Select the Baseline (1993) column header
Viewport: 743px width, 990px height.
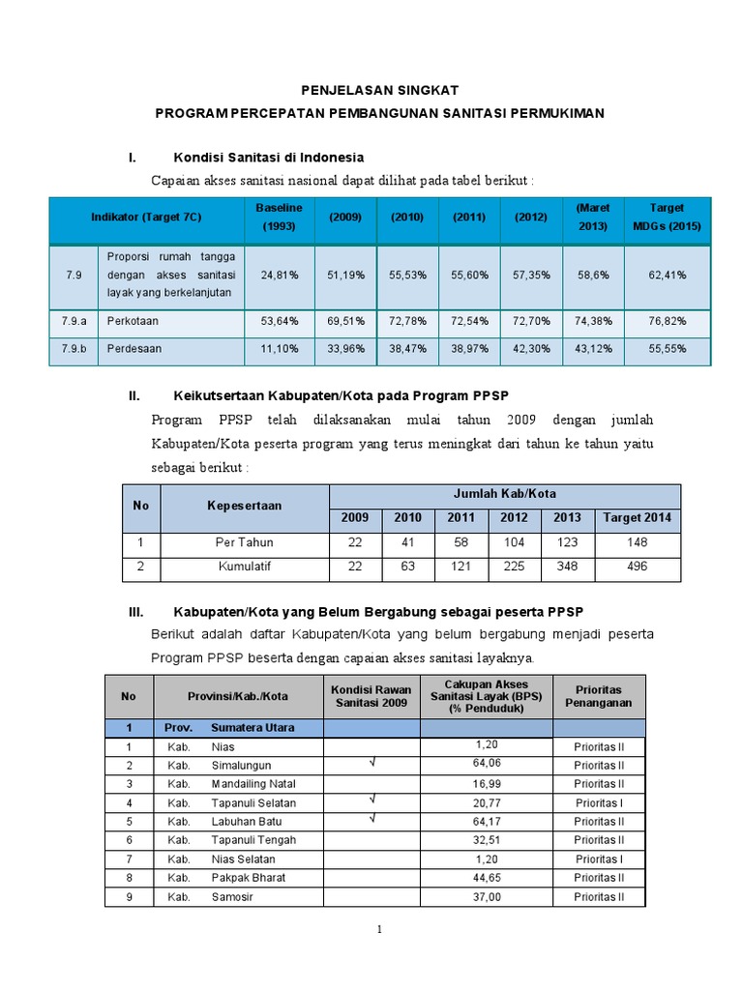(279, 217)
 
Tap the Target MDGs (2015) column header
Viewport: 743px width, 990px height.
(668, 217)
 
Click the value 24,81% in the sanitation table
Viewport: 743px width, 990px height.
(279, 275)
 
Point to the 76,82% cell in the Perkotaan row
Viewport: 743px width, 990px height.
(668, 322)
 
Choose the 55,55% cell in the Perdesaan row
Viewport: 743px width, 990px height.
(668, 349)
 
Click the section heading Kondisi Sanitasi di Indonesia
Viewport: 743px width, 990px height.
(268, 157)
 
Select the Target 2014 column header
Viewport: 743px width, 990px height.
(637, 517)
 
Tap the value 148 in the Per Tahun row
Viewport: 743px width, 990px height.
(637, 542)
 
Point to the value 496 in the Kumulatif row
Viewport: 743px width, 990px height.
(637, 567)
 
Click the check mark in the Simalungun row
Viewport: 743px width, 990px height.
(371, 764)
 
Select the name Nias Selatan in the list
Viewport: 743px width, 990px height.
(243, 859)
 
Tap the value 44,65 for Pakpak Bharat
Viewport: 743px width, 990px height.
(487, 878)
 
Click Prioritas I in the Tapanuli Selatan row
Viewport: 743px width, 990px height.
(599, 802)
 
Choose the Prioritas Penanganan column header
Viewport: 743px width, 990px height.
(599, 696)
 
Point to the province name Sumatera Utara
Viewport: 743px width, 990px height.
(253, 727)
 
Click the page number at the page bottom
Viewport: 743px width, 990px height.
(380, 930)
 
